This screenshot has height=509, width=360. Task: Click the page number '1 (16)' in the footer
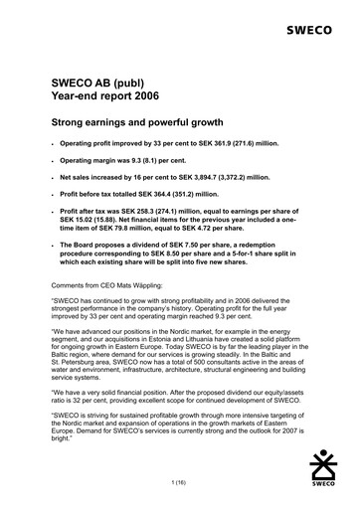coord(180,480)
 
